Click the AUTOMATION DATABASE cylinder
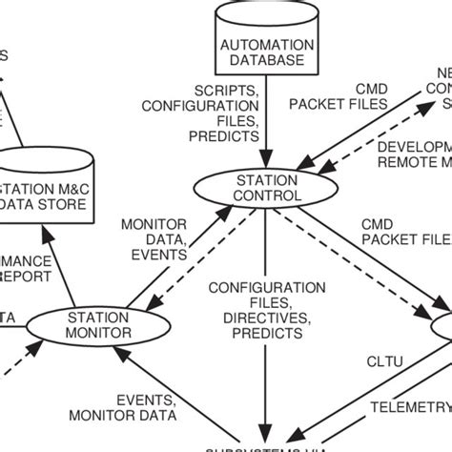point(265,43)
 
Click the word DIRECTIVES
point(255,318)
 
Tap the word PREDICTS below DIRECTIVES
point(255,335)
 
